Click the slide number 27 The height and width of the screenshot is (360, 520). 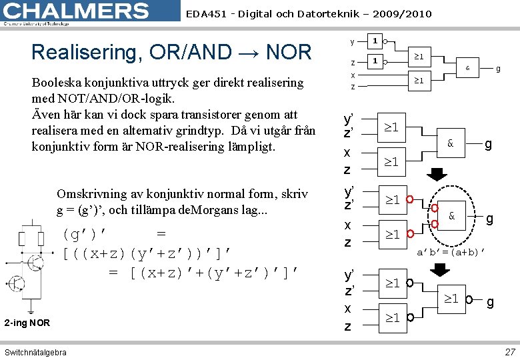point(510,351)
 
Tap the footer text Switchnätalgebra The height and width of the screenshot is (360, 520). point(35,352)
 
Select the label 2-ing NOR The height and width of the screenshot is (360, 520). point(27,323)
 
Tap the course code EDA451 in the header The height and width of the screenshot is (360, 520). point(205,13)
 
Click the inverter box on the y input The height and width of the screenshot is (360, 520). point(375,41)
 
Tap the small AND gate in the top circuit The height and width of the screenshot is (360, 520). point(467,67)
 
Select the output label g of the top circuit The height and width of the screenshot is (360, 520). point(497,67)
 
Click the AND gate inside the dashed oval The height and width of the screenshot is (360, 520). point(451,217)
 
